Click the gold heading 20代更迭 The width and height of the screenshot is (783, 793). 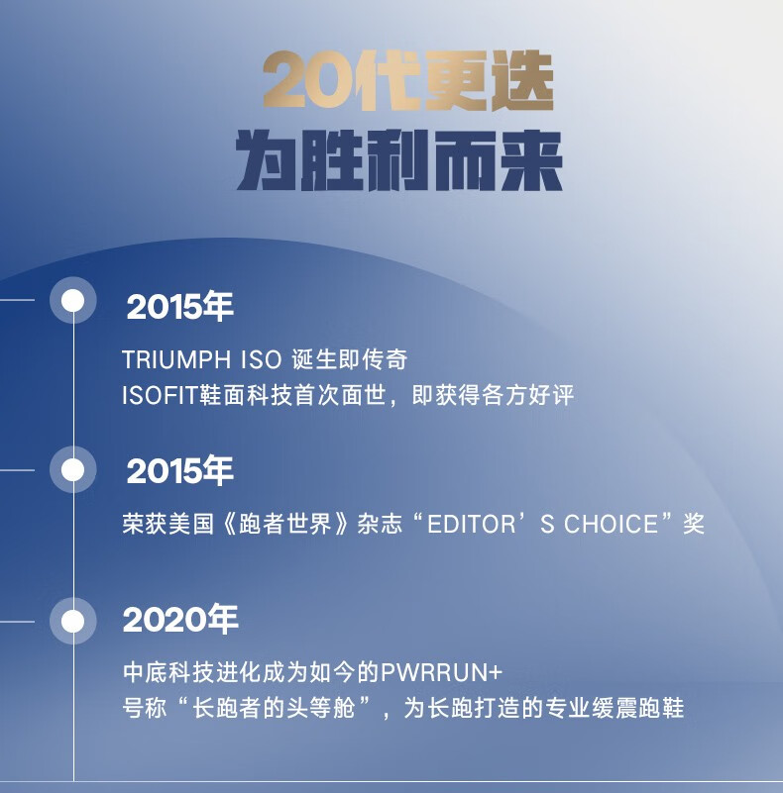(x=408, y=81)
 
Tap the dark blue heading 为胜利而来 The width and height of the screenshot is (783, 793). (x=399, y=160)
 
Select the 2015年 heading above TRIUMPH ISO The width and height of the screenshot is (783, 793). (x=179, y=307)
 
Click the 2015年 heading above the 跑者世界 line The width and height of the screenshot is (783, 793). (x=179, y=470)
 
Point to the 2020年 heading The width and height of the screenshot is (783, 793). (x=180, y=619)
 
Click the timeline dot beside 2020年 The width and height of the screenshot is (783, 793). (x=73, y=621)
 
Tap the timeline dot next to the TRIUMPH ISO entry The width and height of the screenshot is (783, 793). (x=73, y=300)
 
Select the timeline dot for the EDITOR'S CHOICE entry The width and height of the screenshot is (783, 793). (x=73, y=470)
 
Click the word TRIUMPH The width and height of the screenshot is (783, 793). (x=176, y=359)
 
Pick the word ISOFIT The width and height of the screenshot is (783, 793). (x=160, y=395)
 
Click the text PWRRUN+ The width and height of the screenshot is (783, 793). (x=441, y=672)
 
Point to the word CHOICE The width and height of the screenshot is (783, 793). (x=611, y=524)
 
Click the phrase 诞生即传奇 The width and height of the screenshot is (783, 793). (x=350, y=359)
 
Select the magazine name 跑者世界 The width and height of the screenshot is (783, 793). (x=285, y=524)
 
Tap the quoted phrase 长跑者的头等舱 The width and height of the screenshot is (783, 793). (x=274, y=708)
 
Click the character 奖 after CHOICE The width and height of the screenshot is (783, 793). (x=694, y=524)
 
